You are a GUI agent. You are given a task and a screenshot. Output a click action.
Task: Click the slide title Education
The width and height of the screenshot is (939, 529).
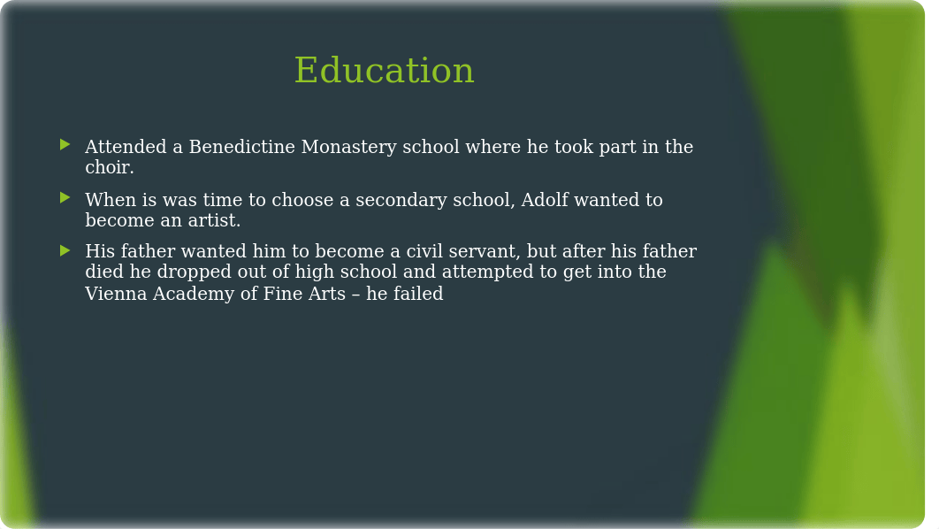(384, 70)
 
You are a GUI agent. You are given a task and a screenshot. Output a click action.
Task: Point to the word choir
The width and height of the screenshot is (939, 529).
(109, 167)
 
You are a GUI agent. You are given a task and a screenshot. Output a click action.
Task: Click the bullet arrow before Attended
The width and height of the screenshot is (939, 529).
(65, 144)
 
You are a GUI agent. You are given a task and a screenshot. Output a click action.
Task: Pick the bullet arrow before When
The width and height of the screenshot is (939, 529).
(65, 197)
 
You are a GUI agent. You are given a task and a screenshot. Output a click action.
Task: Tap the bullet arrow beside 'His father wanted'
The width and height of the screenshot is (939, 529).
(65, 250)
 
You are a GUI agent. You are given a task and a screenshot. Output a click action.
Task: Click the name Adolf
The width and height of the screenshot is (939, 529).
(545, 200)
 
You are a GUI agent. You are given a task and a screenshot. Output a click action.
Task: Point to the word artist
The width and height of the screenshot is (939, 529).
(214, 220)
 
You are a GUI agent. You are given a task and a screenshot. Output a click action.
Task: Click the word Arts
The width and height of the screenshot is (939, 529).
(327, 294)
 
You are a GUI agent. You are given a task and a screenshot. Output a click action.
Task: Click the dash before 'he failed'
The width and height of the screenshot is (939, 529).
(355, 295)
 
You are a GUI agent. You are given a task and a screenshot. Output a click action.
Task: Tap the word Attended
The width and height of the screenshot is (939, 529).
(126, 147)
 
